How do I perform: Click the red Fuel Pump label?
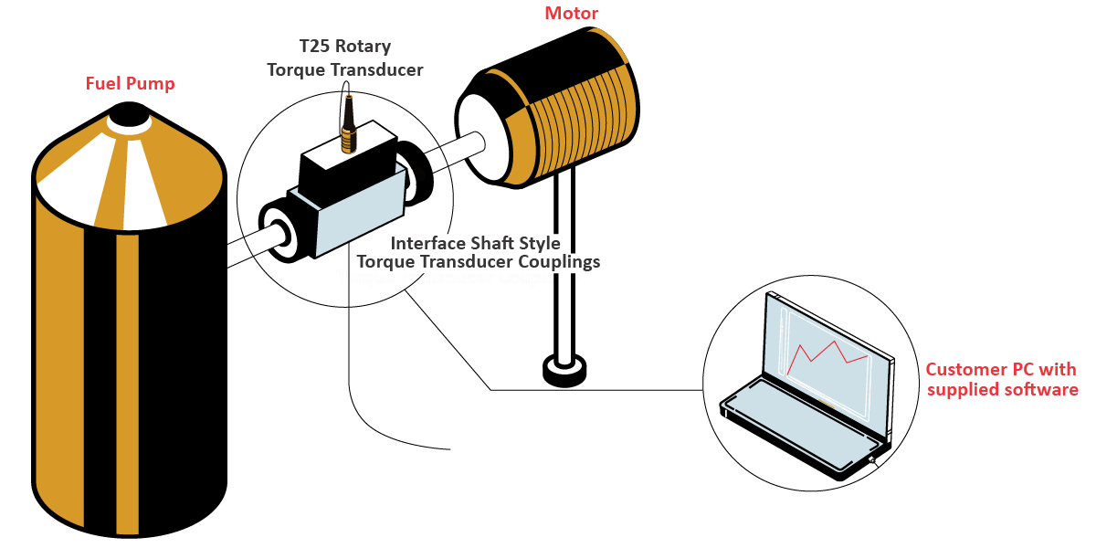[130, 84]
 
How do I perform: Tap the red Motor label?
[571, 13]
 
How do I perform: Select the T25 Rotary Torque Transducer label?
[344, 58]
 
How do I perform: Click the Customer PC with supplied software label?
[1001, 379]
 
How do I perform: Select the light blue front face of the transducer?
[359, 217]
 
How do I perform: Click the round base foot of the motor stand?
[564, 370]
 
